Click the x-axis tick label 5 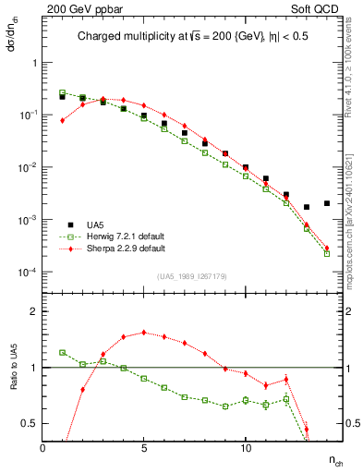pos(144,447)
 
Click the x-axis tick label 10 pos(245,447)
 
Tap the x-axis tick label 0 pos(43,447)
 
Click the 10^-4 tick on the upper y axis pos(27,273)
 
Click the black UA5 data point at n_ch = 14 pos(327,203)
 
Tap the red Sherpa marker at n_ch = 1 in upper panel pos(63,120)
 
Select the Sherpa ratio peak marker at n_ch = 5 pos(144,333)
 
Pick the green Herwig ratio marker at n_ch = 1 pos(63,352)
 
